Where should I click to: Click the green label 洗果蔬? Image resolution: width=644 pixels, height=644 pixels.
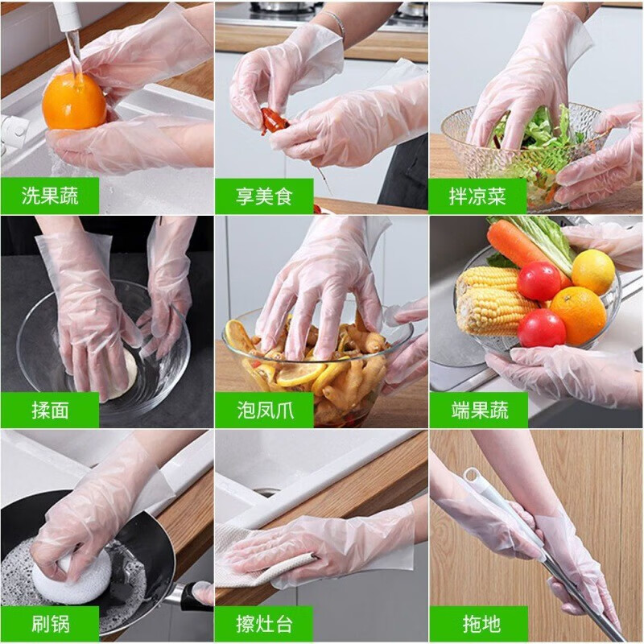click(x=50, y=196)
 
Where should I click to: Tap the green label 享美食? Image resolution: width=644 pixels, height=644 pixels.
click(x=264, y=196)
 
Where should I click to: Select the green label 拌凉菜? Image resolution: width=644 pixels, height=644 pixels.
click(x=477, y=196)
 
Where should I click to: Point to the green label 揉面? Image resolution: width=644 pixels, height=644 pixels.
click(x=50, y=410)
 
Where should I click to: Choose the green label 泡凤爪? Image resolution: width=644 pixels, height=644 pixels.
click(x=264, y=410)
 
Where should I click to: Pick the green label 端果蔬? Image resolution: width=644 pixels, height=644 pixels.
click(x=478, y=410)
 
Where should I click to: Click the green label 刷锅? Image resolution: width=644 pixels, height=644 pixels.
click(x=50, y=624)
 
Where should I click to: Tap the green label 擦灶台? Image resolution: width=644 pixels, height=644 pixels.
click(x=264, y=624)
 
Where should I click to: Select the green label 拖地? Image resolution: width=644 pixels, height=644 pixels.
click(x=478, y=624)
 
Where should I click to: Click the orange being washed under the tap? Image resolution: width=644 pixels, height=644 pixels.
click(x=74, y=102)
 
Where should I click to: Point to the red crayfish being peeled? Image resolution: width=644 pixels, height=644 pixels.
click(x=273, y=120)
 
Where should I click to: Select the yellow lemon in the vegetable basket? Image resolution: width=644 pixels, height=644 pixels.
click(x=593, y=272)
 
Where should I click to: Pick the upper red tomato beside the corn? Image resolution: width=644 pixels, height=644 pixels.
click(x=539, y=281)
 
